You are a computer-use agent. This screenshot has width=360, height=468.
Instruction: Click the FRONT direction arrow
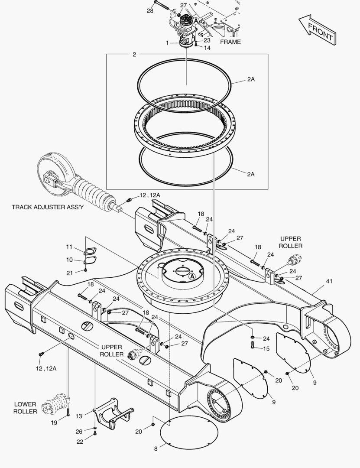tap(318, 29)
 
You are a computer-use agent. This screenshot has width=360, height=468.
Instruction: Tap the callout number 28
tap(150, 10)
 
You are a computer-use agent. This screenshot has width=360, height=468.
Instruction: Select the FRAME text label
tap(230, 42)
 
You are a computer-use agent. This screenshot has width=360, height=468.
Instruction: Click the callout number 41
tap(329, 281)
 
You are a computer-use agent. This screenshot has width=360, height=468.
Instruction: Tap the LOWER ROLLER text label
tap(25, 407)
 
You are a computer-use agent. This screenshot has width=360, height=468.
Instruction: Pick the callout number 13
tap(78, 416)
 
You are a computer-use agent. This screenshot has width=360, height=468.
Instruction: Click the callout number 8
tap(156, 449)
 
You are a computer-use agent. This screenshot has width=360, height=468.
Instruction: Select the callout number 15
tap(266, 348)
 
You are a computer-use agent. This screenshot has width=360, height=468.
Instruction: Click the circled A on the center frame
tap(192, 276)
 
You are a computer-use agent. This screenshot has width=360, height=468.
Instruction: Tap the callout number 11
tap(69, 247)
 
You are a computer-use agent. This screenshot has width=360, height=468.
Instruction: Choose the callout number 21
tap(69, 272)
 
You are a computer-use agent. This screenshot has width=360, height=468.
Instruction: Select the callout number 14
tap(207, 48)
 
